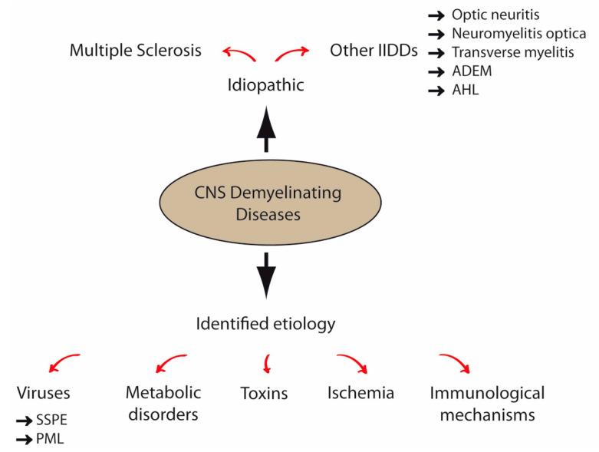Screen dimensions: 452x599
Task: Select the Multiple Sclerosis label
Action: [136, 51]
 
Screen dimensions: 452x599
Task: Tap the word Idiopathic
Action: [265, 84]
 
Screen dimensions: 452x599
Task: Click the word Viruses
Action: [43, 394]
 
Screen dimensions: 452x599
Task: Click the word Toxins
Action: [263, 394]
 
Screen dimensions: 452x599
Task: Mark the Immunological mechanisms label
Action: [486, 404]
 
